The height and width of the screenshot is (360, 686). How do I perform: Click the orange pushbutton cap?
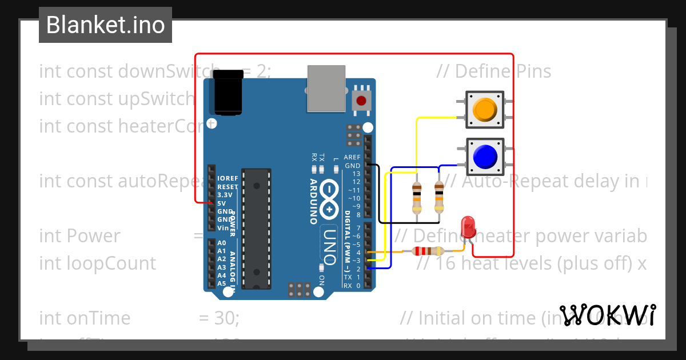(x=485, y=109)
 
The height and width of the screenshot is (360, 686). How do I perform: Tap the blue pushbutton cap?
(x=485, y=156)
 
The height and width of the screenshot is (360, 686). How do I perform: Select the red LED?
(x=469, y=226)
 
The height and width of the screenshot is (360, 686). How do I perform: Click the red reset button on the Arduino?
(x=361, y=102)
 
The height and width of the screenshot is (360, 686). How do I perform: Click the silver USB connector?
(x=326, y=88)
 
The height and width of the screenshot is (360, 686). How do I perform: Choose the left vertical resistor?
(x=417, y=197)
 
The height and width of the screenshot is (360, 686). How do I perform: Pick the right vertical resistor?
(x=439, y=197)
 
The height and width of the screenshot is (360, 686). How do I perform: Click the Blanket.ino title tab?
(x=105, y=25)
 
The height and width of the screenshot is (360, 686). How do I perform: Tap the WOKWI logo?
(x=607, y=315)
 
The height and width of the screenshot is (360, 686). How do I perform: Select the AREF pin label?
(x=352, y=157)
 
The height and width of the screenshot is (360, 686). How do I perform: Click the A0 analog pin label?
(x=222, y=243)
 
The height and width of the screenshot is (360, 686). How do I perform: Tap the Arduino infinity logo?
(x=330, y=200)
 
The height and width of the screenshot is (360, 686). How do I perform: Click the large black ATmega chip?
(x=255, y=229)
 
